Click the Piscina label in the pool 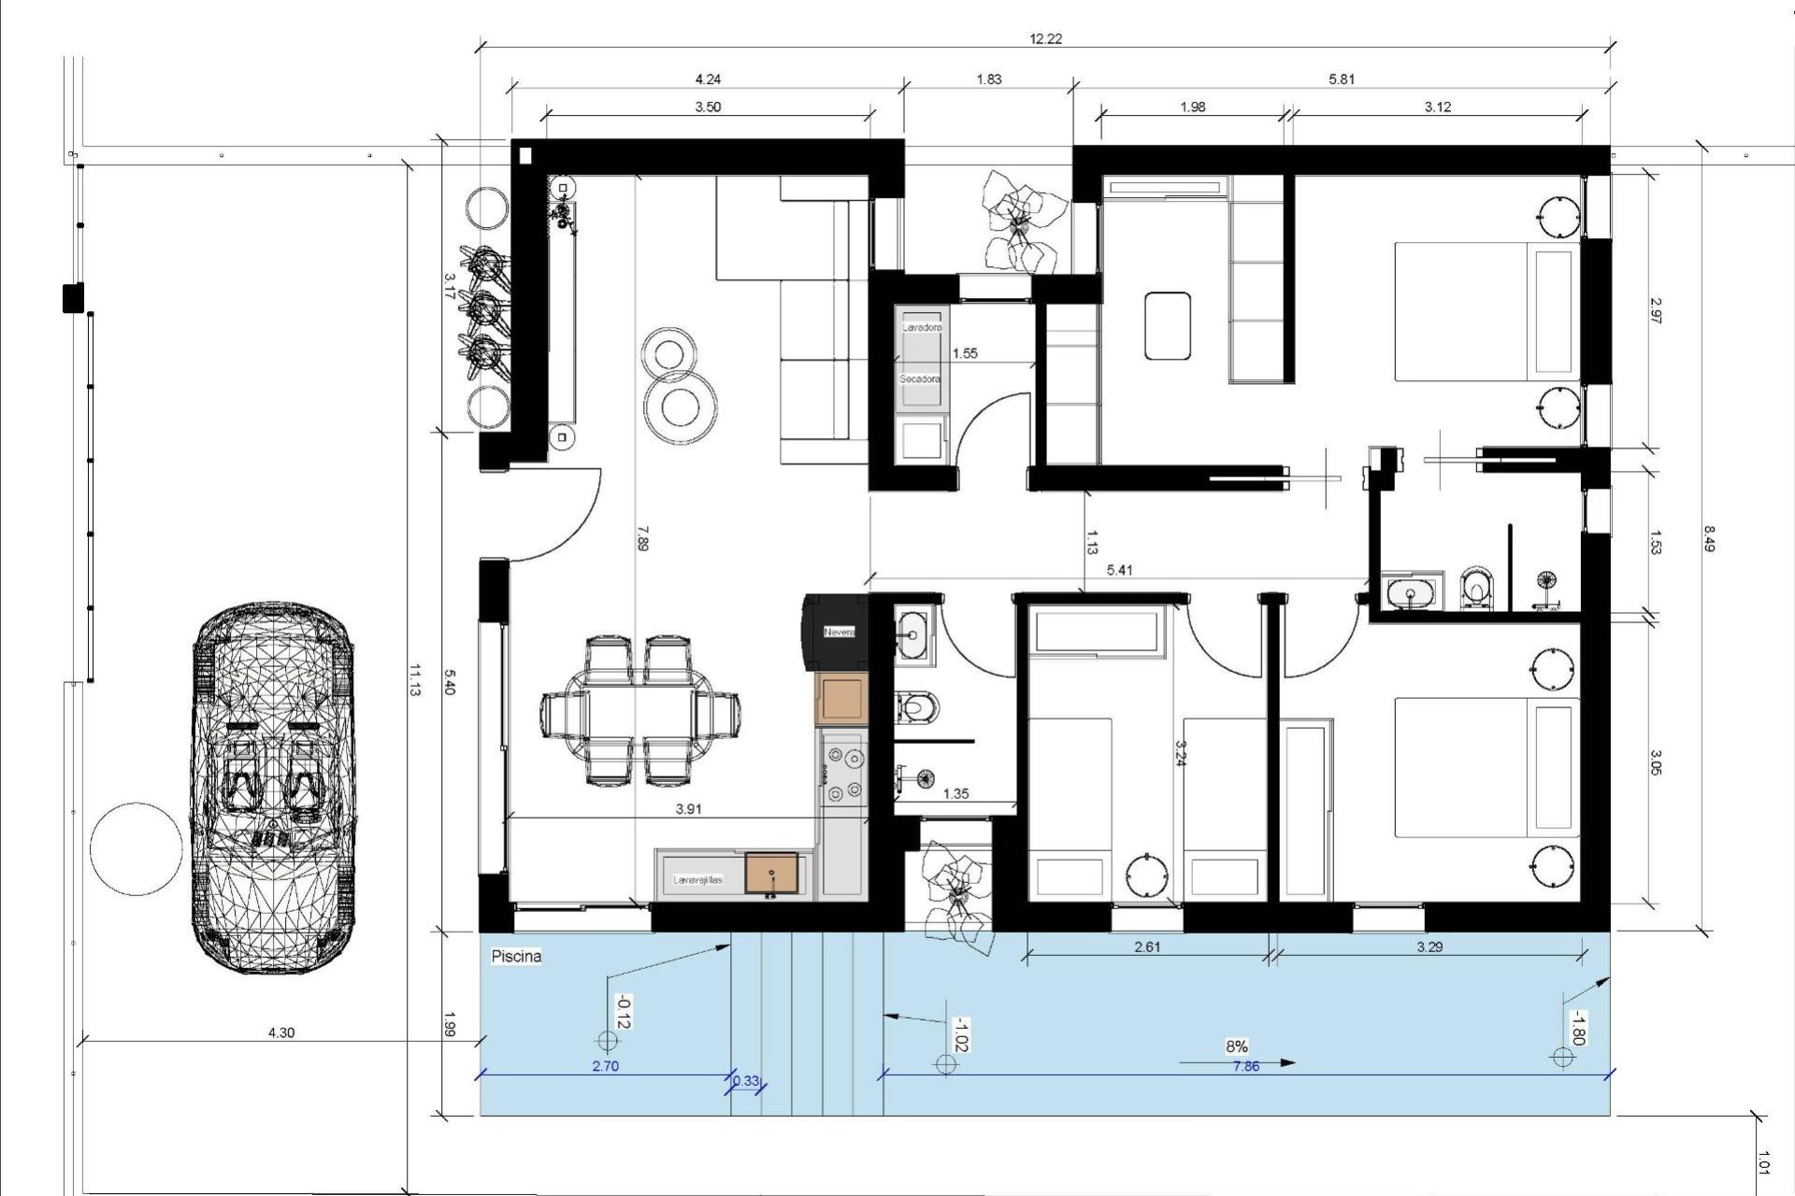(x=516, y=957)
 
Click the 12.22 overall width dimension (x=1045, y=39)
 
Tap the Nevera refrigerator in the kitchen (x=839, y=633)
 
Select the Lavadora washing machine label (x=921, y=328)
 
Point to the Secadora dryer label (x=920, y=380)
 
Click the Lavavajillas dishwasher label (x=698, y=879)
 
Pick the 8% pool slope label (x=1236, y=1046)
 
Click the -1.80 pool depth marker (x=1577, y=1028)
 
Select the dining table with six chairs (x=640, y=710)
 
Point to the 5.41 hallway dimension (x=1119, y=570)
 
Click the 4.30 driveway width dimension (x=280, y=1032)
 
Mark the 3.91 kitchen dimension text (x=688, y=809)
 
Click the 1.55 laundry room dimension (x=964, y=353)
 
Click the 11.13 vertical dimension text (x=416, y=679)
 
